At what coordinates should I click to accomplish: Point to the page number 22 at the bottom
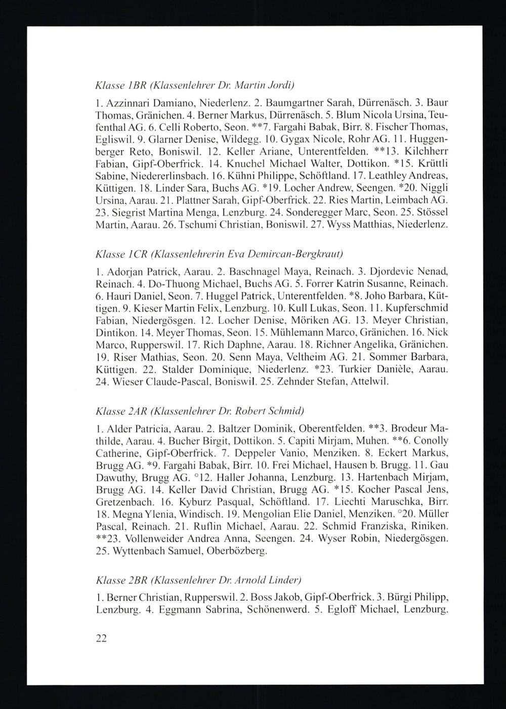101,638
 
